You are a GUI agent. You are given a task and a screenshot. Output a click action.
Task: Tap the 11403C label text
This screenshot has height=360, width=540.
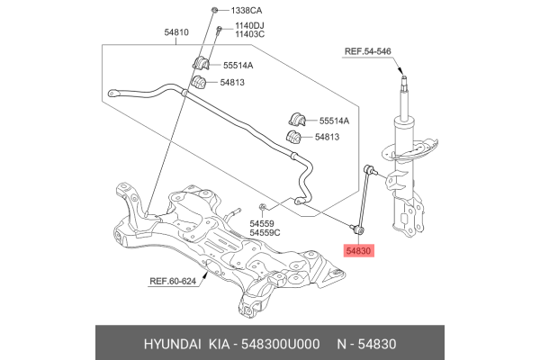[x=251, y=36]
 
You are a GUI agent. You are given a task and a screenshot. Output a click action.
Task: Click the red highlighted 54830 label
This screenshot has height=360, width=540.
[x=364, y=254]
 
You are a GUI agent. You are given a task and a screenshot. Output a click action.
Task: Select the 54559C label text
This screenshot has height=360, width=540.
[x=265, y=233]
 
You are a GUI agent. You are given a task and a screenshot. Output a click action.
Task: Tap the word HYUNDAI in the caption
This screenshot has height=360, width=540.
[x=174, y=344]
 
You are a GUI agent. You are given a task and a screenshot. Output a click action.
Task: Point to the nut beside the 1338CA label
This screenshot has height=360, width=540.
[x=214, y=10]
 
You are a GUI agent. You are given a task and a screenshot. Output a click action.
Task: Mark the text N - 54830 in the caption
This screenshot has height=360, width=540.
[x=373, y=344]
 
